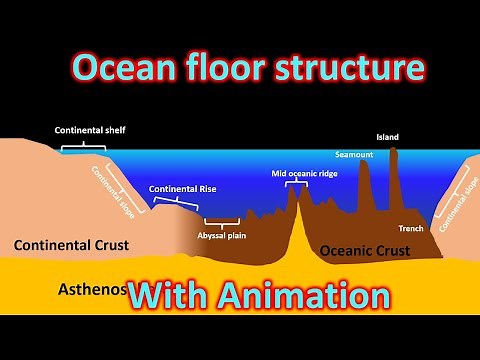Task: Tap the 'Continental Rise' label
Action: (182, 188)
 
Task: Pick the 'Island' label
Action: (387, 136)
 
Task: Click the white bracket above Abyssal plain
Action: (221, 220)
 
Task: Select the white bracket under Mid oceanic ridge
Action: (296, 183)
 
